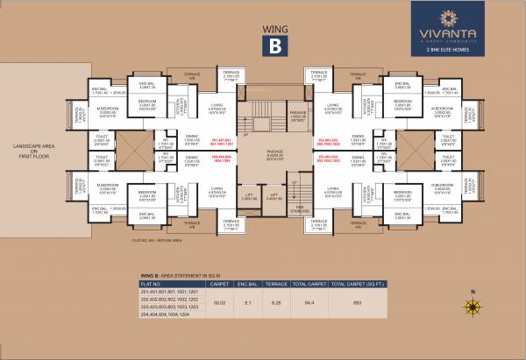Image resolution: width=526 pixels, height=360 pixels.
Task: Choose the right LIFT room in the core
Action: [274, 198]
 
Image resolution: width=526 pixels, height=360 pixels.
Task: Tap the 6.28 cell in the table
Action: [277, 301]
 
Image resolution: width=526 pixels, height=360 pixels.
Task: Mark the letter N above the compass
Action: [472, 292]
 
